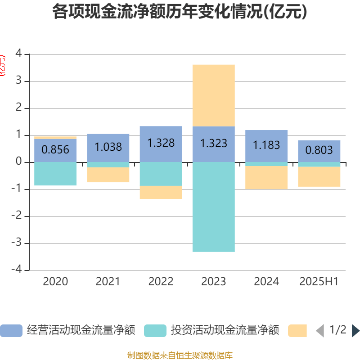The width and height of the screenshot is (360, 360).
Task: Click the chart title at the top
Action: (x=180, y=12)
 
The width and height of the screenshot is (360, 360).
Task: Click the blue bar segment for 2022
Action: (x=161, y=144)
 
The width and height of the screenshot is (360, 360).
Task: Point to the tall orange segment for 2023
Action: (x=213, y=95)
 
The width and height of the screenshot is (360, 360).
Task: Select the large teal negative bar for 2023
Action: (x=213, y=207)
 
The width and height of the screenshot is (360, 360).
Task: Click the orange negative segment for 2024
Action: (x=266, y=177)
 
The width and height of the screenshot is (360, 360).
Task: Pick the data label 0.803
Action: (x=319, y=150)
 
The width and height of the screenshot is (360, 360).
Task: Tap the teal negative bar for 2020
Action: (x=55, y=174)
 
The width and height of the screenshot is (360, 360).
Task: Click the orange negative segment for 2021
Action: (x=108, y=175)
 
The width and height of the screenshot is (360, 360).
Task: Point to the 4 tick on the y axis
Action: (x=18, y=53)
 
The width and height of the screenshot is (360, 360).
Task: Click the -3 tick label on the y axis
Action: (x=17, y=243)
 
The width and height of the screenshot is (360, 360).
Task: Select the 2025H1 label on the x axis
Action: (x=319, y=281)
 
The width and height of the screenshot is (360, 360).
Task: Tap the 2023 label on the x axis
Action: (x=213, y=281)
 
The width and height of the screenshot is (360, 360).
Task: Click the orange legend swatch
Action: (x=297, y=330)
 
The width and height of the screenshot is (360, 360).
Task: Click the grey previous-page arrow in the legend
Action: (x=320, y=330)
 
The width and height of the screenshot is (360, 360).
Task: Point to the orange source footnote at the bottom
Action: (x=180, y=355)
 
